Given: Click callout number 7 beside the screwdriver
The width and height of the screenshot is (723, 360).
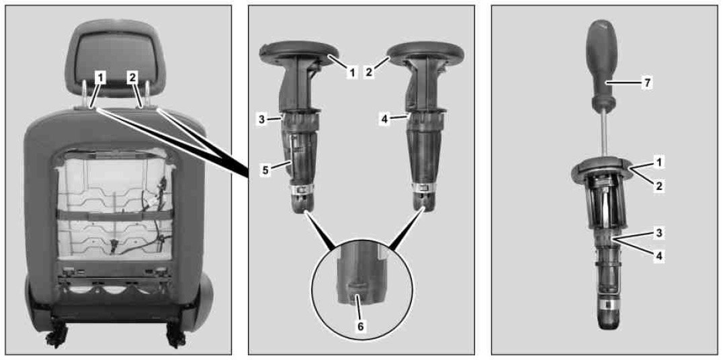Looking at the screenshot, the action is point(647,83).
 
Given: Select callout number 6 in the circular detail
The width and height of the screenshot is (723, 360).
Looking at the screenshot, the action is point(361,326).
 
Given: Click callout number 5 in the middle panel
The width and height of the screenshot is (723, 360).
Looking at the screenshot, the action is point(265,170).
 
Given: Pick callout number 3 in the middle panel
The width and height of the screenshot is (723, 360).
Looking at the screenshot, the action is point(261,118).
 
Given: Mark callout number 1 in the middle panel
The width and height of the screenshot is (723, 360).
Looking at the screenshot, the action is point(352,72).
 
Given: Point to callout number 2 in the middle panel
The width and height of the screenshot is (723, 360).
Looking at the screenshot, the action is point(369,72).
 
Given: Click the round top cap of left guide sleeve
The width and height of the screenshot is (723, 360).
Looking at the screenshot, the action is point(300,52).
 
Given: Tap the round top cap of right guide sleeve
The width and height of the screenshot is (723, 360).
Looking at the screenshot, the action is point(425,52).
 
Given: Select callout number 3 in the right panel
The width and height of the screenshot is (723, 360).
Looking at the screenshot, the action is point(659,233).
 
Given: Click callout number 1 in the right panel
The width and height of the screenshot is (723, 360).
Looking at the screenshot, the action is point(659,163).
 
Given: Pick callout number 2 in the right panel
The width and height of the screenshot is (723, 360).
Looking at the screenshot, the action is point(659,186).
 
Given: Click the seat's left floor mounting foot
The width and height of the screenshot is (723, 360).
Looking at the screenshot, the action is point(56,334).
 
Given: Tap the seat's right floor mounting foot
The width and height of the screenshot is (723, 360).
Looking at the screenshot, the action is point(175,334).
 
